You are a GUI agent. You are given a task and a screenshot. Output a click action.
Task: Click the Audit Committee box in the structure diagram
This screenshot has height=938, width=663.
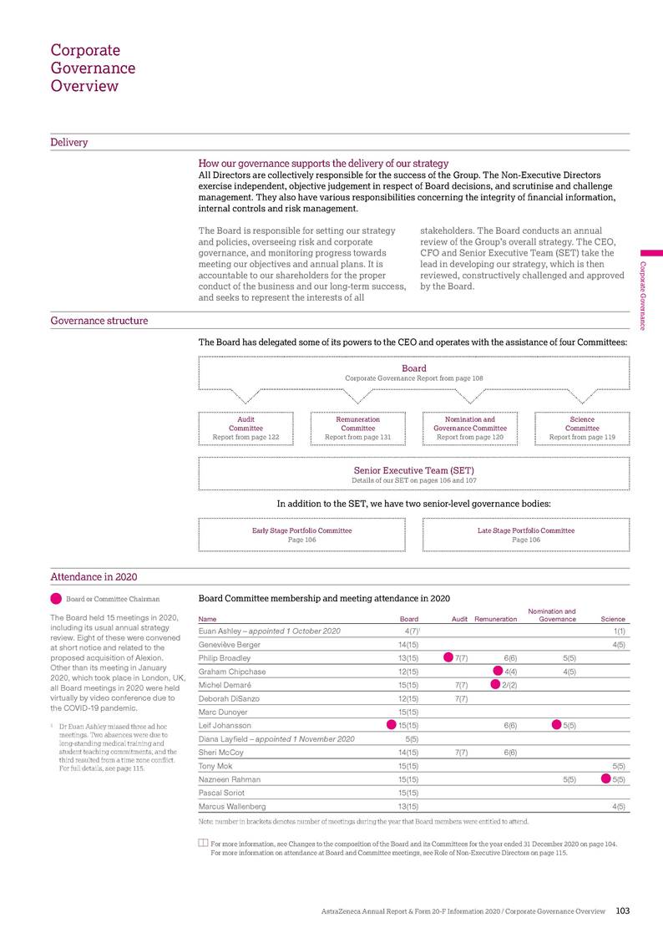point(245,428)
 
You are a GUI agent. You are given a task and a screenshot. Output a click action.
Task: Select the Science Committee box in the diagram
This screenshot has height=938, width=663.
point(582,428)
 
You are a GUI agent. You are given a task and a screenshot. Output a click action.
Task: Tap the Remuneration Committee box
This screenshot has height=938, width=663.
point(357,428)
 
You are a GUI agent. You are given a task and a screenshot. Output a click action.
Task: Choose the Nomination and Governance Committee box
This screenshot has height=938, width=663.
point(470,428)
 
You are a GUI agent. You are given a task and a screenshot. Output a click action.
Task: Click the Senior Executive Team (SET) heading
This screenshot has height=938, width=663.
point(414,470)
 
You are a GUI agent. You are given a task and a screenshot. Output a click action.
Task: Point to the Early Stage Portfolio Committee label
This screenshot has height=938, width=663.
point(301,530)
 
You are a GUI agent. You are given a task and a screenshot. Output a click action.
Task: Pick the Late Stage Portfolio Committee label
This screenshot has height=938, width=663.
point(526,530)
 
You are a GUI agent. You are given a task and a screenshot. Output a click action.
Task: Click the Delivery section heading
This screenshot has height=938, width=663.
point(69,142)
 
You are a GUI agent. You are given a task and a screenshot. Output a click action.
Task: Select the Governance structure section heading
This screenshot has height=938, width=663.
point(99,321)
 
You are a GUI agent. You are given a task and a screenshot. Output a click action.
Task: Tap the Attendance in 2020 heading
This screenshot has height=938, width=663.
point(94,576)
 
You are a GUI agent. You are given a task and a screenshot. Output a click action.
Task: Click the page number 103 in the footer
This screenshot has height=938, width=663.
point(623,910)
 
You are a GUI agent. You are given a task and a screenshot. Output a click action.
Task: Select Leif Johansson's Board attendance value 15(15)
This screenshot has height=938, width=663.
point(407,726)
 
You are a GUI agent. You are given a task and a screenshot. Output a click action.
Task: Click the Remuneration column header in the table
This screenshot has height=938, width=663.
point(496,619)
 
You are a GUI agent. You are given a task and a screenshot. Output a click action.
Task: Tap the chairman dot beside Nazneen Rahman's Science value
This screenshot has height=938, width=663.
point(606,778)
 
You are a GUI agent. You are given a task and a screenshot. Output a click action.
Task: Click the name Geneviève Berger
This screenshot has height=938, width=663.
point(230,645)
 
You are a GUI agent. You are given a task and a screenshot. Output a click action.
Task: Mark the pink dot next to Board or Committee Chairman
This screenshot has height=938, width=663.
point(56,598)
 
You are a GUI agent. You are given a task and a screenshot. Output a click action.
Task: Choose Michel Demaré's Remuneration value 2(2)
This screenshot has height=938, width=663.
point(509,686)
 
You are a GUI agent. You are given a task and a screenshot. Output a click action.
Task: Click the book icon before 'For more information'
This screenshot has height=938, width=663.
point(203,843)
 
